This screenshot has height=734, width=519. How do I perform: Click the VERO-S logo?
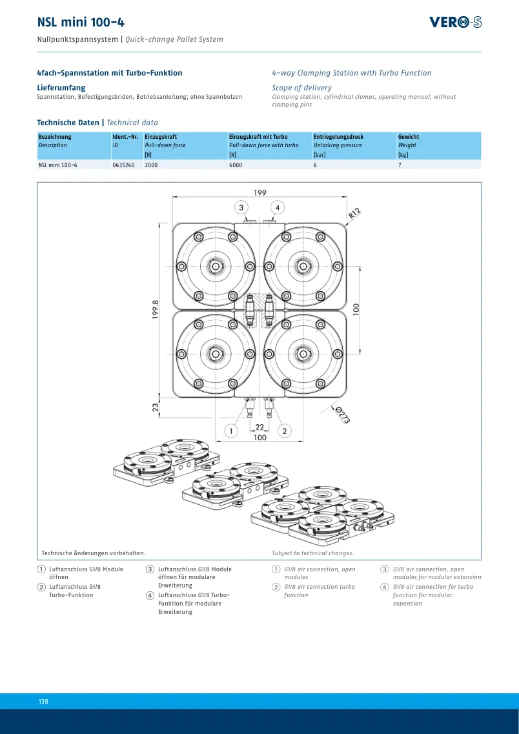tap(455, 22)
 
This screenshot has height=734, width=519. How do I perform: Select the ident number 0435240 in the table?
tap(123, 165)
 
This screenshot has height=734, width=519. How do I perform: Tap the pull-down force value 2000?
tap(151, 165)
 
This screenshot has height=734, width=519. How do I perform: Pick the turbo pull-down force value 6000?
tap(236, 165)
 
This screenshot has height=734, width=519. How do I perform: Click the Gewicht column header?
tap(409, 137)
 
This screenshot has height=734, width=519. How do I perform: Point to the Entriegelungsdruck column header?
tap(338, 137)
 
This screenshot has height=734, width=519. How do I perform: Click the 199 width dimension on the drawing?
tap(259, 192)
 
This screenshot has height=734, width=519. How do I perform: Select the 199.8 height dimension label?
tap(156, 310)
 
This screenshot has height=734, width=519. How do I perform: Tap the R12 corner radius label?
tap(354, 214)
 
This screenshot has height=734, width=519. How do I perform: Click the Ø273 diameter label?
tap(343, 414)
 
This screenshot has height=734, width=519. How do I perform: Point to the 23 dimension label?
tap(156, 407)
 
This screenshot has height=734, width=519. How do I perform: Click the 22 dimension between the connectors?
tap(259, 427)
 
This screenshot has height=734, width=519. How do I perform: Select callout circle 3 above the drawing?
tap(241, 207)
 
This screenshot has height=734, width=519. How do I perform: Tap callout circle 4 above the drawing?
tap(278, 207)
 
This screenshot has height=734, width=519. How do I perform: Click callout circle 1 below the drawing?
tap(230, 431)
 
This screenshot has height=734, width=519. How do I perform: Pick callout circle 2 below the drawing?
tap(285, 431)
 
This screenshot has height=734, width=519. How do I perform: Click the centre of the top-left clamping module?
tap(215, 267)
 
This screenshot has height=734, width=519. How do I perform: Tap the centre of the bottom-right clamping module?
tap(305, 353)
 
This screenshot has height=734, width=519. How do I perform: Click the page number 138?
tap(43, 701)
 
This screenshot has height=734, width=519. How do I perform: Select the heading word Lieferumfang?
tap(61, 88)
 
